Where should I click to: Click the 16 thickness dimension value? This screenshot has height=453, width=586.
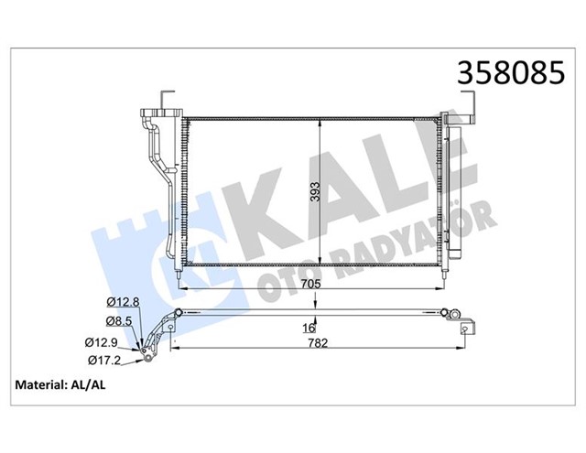click(310, 328)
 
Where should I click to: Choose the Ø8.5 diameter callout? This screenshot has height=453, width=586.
click(122, 321)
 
